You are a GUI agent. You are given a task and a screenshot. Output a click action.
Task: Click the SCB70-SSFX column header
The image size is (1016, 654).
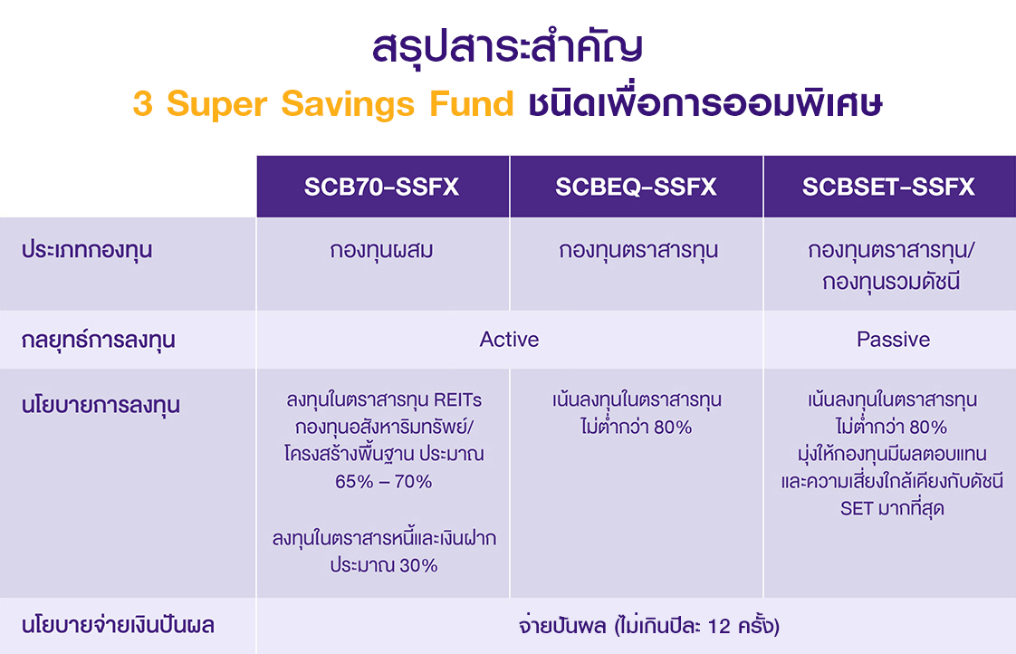[381, 188]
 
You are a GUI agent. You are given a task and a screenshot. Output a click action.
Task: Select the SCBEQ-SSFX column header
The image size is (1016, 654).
[636, 188]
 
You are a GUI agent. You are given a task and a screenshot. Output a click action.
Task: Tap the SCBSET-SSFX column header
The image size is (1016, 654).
[888, 188]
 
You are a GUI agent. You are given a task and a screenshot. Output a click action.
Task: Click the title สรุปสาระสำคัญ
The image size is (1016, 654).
[507, 48]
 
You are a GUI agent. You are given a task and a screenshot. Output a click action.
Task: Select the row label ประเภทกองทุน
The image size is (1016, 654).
[87, 251]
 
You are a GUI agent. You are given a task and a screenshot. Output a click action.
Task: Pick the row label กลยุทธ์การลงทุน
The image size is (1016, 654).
[98, 341]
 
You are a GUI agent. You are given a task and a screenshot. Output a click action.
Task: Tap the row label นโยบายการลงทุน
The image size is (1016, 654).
[100, 405]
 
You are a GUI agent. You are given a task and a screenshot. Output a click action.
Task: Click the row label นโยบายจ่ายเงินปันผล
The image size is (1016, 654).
[118, 625]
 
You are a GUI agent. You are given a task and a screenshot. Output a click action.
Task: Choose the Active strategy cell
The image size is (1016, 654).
[509, 340]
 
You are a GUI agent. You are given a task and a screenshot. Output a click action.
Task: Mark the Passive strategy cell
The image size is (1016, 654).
[893, 340]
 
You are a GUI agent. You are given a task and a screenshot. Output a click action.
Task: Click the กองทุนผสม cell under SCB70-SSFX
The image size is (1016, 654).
[382, 251]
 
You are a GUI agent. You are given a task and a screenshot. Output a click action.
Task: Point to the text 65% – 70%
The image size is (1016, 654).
[383, 482]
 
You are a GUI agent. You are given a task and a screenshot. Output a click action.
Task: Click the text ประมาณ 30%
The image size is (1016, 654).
[383, 565]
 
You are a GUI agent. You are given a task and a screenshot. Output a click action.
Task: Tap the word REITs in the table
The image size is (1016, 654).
[458, 399]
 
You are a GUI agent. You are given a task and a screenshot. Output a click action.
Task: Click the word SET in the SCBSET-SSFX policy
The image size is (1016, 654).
[856, 508]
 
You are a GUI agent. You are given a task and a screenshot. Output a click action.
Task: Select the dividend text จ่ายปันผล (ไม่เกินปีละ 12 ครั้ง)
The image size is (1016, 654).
[648, 626]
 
